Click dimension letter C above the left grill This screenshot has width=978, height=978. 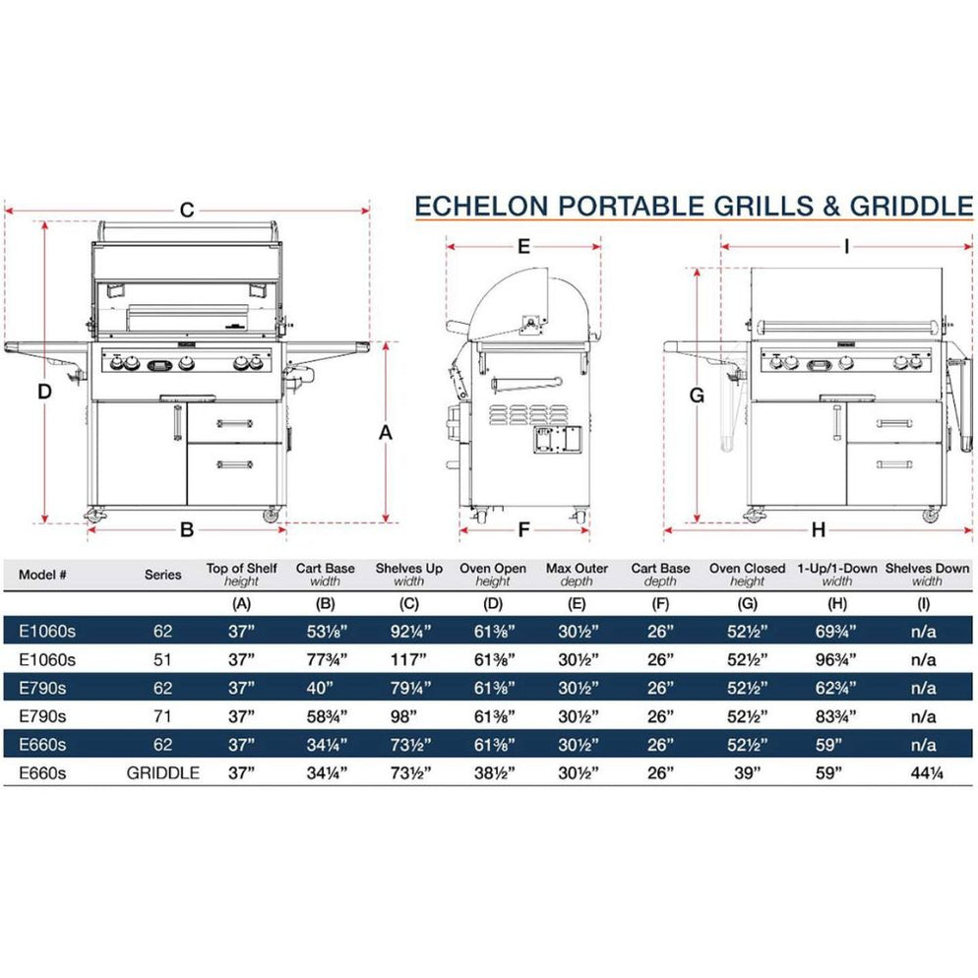(186, 210)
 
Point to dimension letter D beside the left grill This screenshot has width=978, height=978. (44, 392)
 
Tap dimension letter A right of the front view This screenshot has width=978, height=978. (386, 432)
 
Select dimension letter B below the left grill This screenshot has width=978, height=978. (186, 530)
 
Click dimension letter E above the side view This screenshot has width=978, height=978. (523, 245)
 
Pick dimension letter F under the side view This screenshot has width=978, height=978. (523, 530)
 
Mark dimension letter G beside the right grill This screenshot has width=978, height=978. (697, 396)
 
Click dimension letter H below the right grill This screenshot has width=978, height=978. (818, 530)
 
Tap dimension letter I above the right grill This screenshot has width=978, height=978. (846, 246)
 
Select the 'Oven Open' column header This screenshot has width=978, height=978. (493, 569)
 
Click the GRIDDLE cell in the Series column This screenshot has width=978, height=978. (163, 773)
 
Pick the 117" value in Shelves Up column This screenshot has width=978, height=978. (409, 659)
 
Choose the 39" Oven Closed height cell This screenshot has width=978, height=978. (748, 773)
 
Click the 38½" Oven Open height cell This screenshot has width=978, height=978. (493, 773)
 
